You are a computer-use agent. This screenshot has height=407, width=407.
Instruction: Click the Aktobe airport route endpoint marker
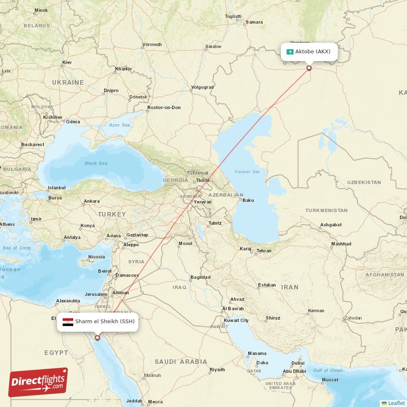click(x=309, y=68)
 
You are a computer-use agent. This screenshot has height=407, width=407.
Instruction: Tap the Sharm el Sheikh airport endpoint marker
click(x=97, y=337)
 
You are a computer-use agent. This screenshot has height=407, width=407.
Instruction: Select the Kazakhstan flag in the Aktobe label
click(x=290, y=51)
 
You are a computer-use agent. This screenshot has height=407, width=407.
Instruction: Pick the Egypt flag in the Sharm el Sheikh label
click(x=68, y=322)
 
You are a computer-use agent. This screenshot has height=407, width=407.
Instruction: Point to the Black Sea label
click(x=96, y=163)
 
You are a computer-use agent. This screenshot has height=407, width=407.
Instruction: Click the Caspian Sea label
click(x=247, y=172)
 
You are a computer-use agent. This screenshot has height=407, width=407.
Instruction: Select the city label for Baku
click(x=248, y=200)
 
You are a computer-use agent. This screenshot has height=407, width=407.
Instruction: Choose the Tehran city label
click(x=263, y=250)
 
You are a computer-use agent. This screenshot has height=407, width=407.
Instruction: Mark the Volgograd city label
click(x=202, y=87)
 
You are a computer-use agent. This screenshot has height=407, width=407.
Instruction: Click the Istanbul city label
click(x=56, y=188)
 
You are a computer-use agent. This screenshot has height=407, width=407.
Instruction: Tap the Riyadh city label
click(x=217, y=369)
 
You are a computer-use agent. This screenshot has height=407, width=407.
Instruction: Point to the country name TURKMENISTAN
click(x=326, y=210)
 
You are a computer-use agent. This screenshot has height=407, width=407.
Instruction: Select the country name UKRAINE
click(x=68, y=82)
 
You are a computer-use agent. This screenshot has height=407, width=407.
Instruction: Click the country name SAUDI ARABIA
click(x=182, y=361)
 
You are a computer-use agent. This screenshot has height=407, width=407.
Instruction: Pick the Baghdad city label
click(x=200, y=277)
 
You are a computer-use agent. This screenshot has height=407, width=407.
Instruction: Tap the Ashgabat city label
click(x=331, y=224)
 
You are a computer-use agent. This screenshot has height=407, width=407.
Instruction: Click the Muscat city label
click(x=330, y=380)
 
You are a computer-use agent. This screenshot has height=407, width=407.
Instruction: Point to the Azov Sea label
click(x=121, y=125)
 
